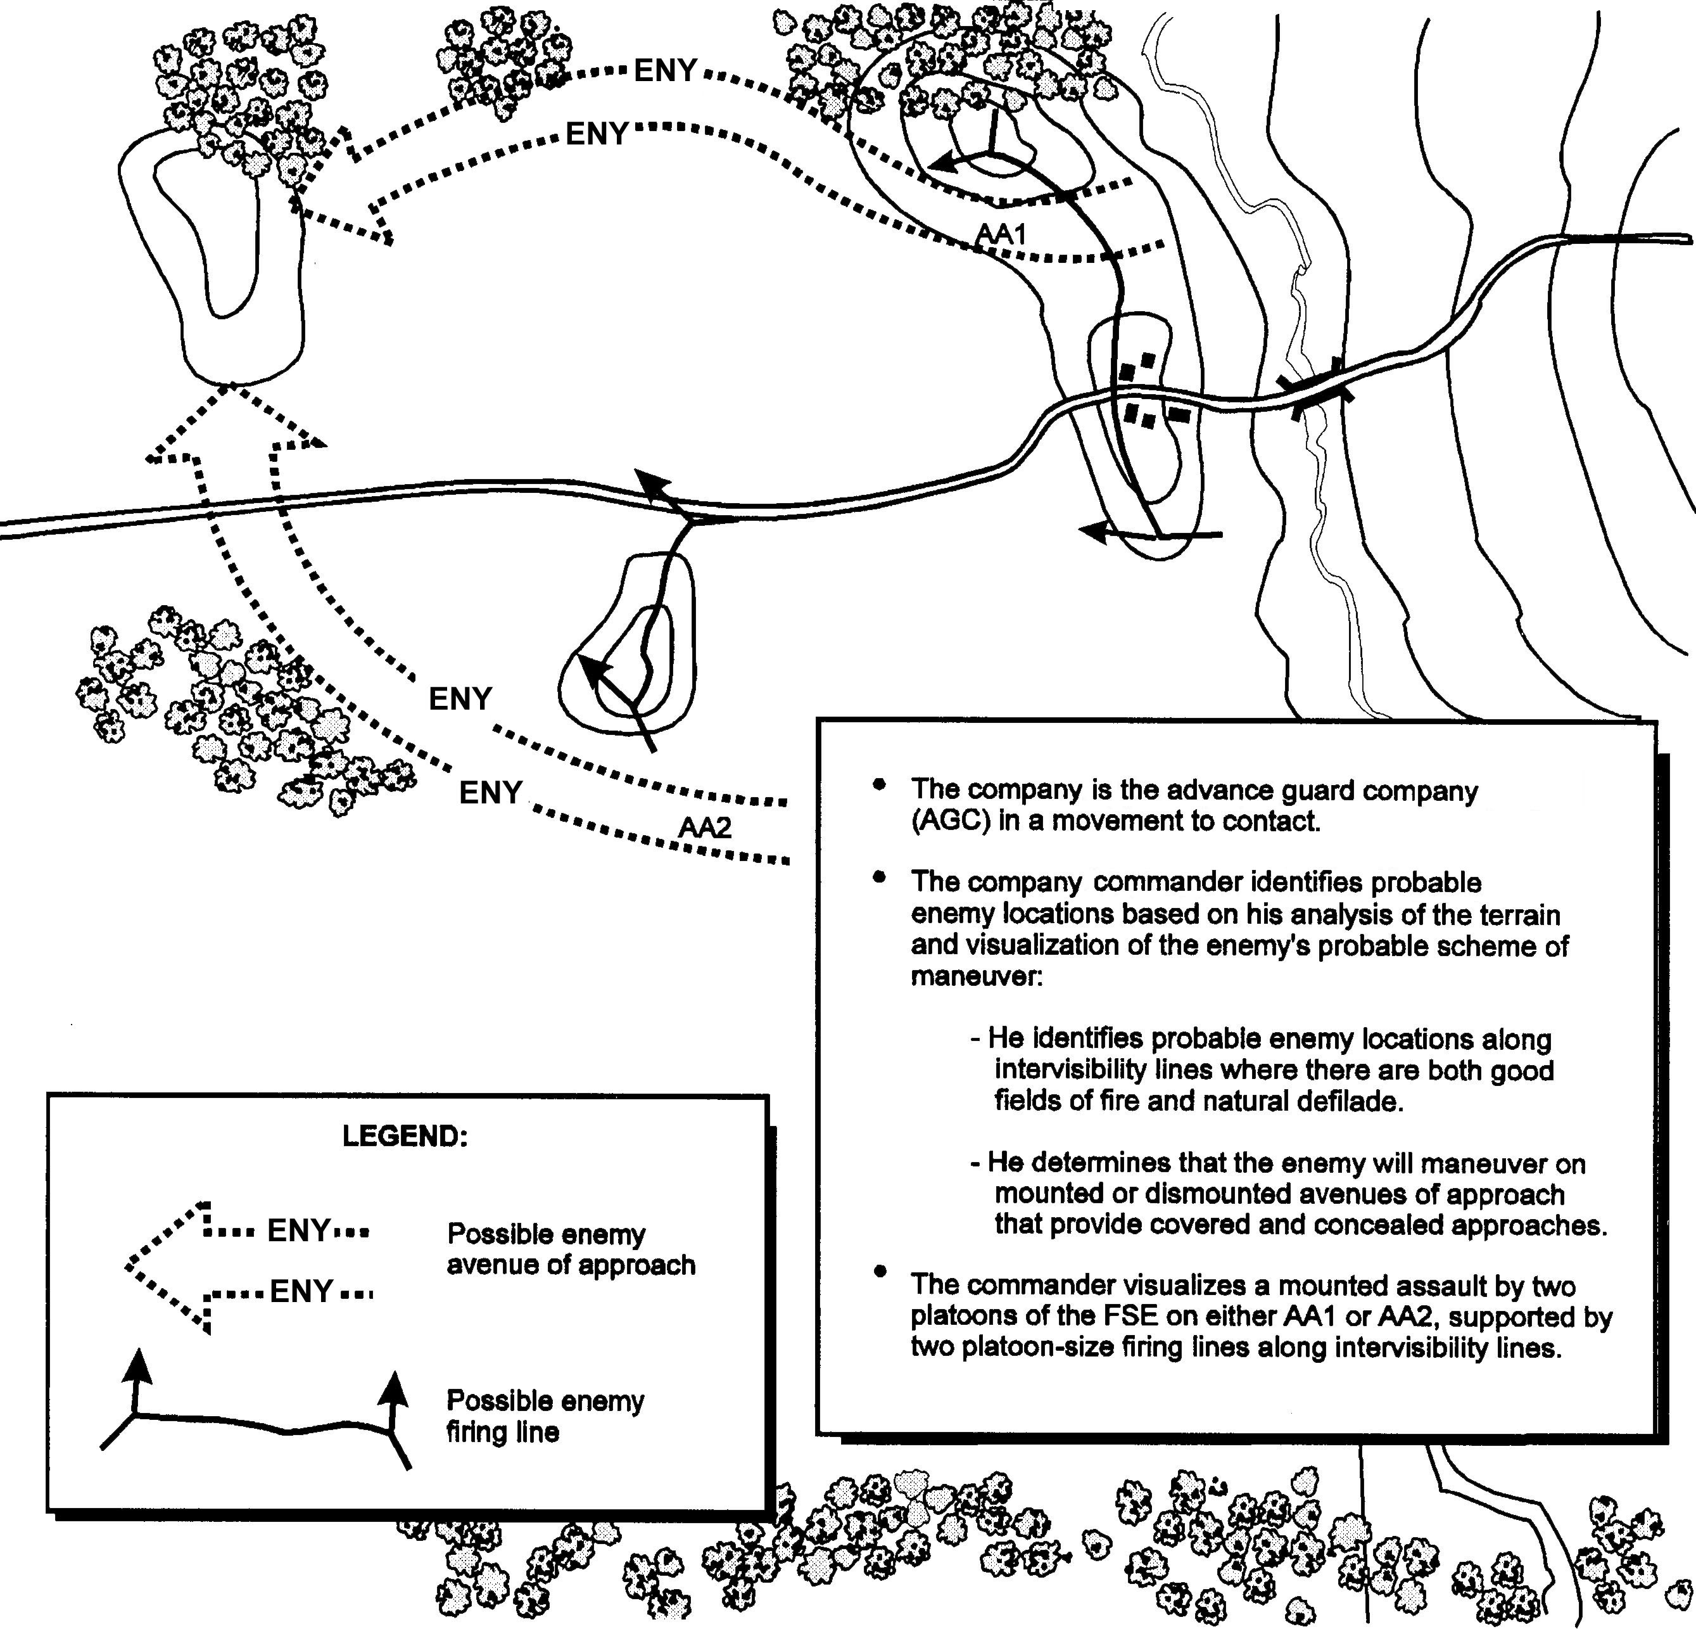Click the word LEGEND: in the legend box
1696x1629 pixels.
405,1135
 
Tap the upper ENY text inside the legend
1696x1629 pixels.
298,1230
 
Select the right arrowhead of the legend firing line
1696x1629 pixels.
395,1388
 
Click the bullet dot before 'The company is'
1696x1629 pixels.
881,784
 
